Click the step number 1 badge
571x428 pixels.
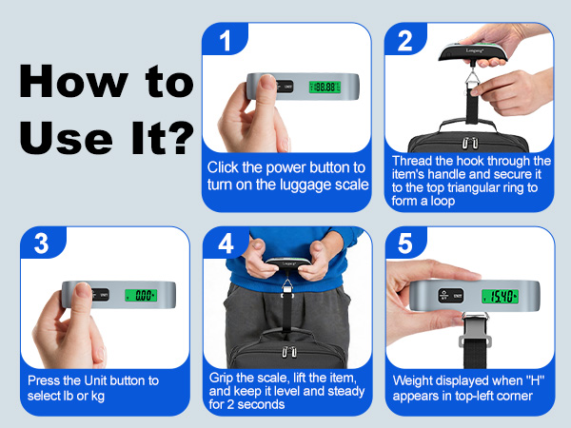225,39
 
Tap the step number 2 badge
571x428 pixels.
405,39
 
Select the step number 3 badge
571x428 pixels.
42,243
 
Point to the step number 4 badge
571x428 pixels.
226,243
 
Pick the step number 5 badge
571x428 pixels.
405,243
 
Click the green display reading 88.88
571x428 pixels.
325,87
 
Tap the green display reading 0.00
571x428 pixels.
141,295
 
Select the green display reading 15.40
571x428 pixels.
500,296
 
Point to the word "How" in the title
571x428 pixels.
73,81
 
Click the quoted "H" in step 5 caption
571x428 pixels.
535,380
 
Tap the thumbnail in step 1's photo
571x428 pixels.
268,82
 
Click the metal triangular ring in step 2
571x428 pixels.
473,79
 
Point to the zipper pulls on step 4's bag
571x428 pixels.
288,352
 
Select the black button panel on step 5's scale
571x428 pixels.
451,296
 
